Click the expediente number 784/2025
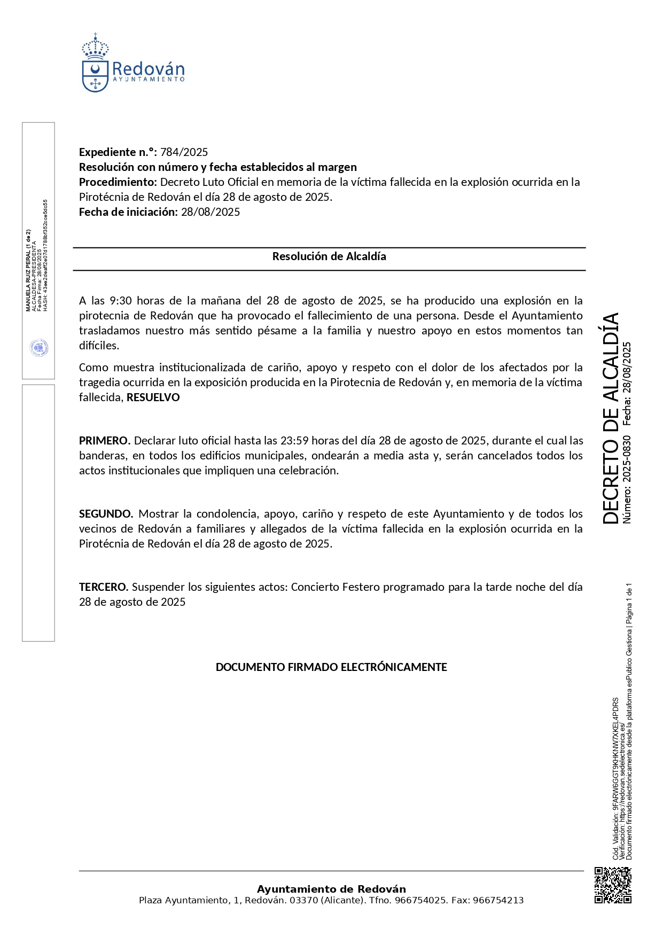[184, 152]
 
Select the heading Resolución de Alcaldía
[329, 256]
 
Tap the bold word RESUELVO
[153, 397]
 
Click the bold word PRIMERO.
[104, 441]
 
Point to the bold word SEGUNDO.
[106, 514]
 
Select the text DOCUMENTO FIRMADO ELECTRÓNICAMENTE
[331, 667]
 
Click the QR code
[613, 885]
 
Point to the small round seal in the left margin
[39, 348]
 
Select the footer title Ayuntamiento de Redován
[331, 889]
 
